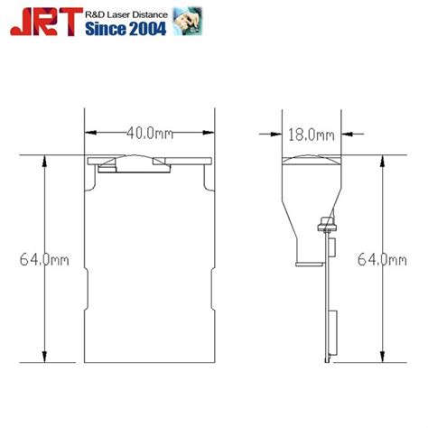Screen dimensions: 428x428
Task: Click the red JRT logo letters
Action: [x=44, y=23]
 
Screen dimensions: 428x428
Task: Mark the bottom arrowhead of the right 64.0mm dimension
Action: [x=382, y=358]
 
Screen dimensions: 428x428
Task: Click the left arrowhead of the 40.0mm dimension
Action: [x=91, y=134]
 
